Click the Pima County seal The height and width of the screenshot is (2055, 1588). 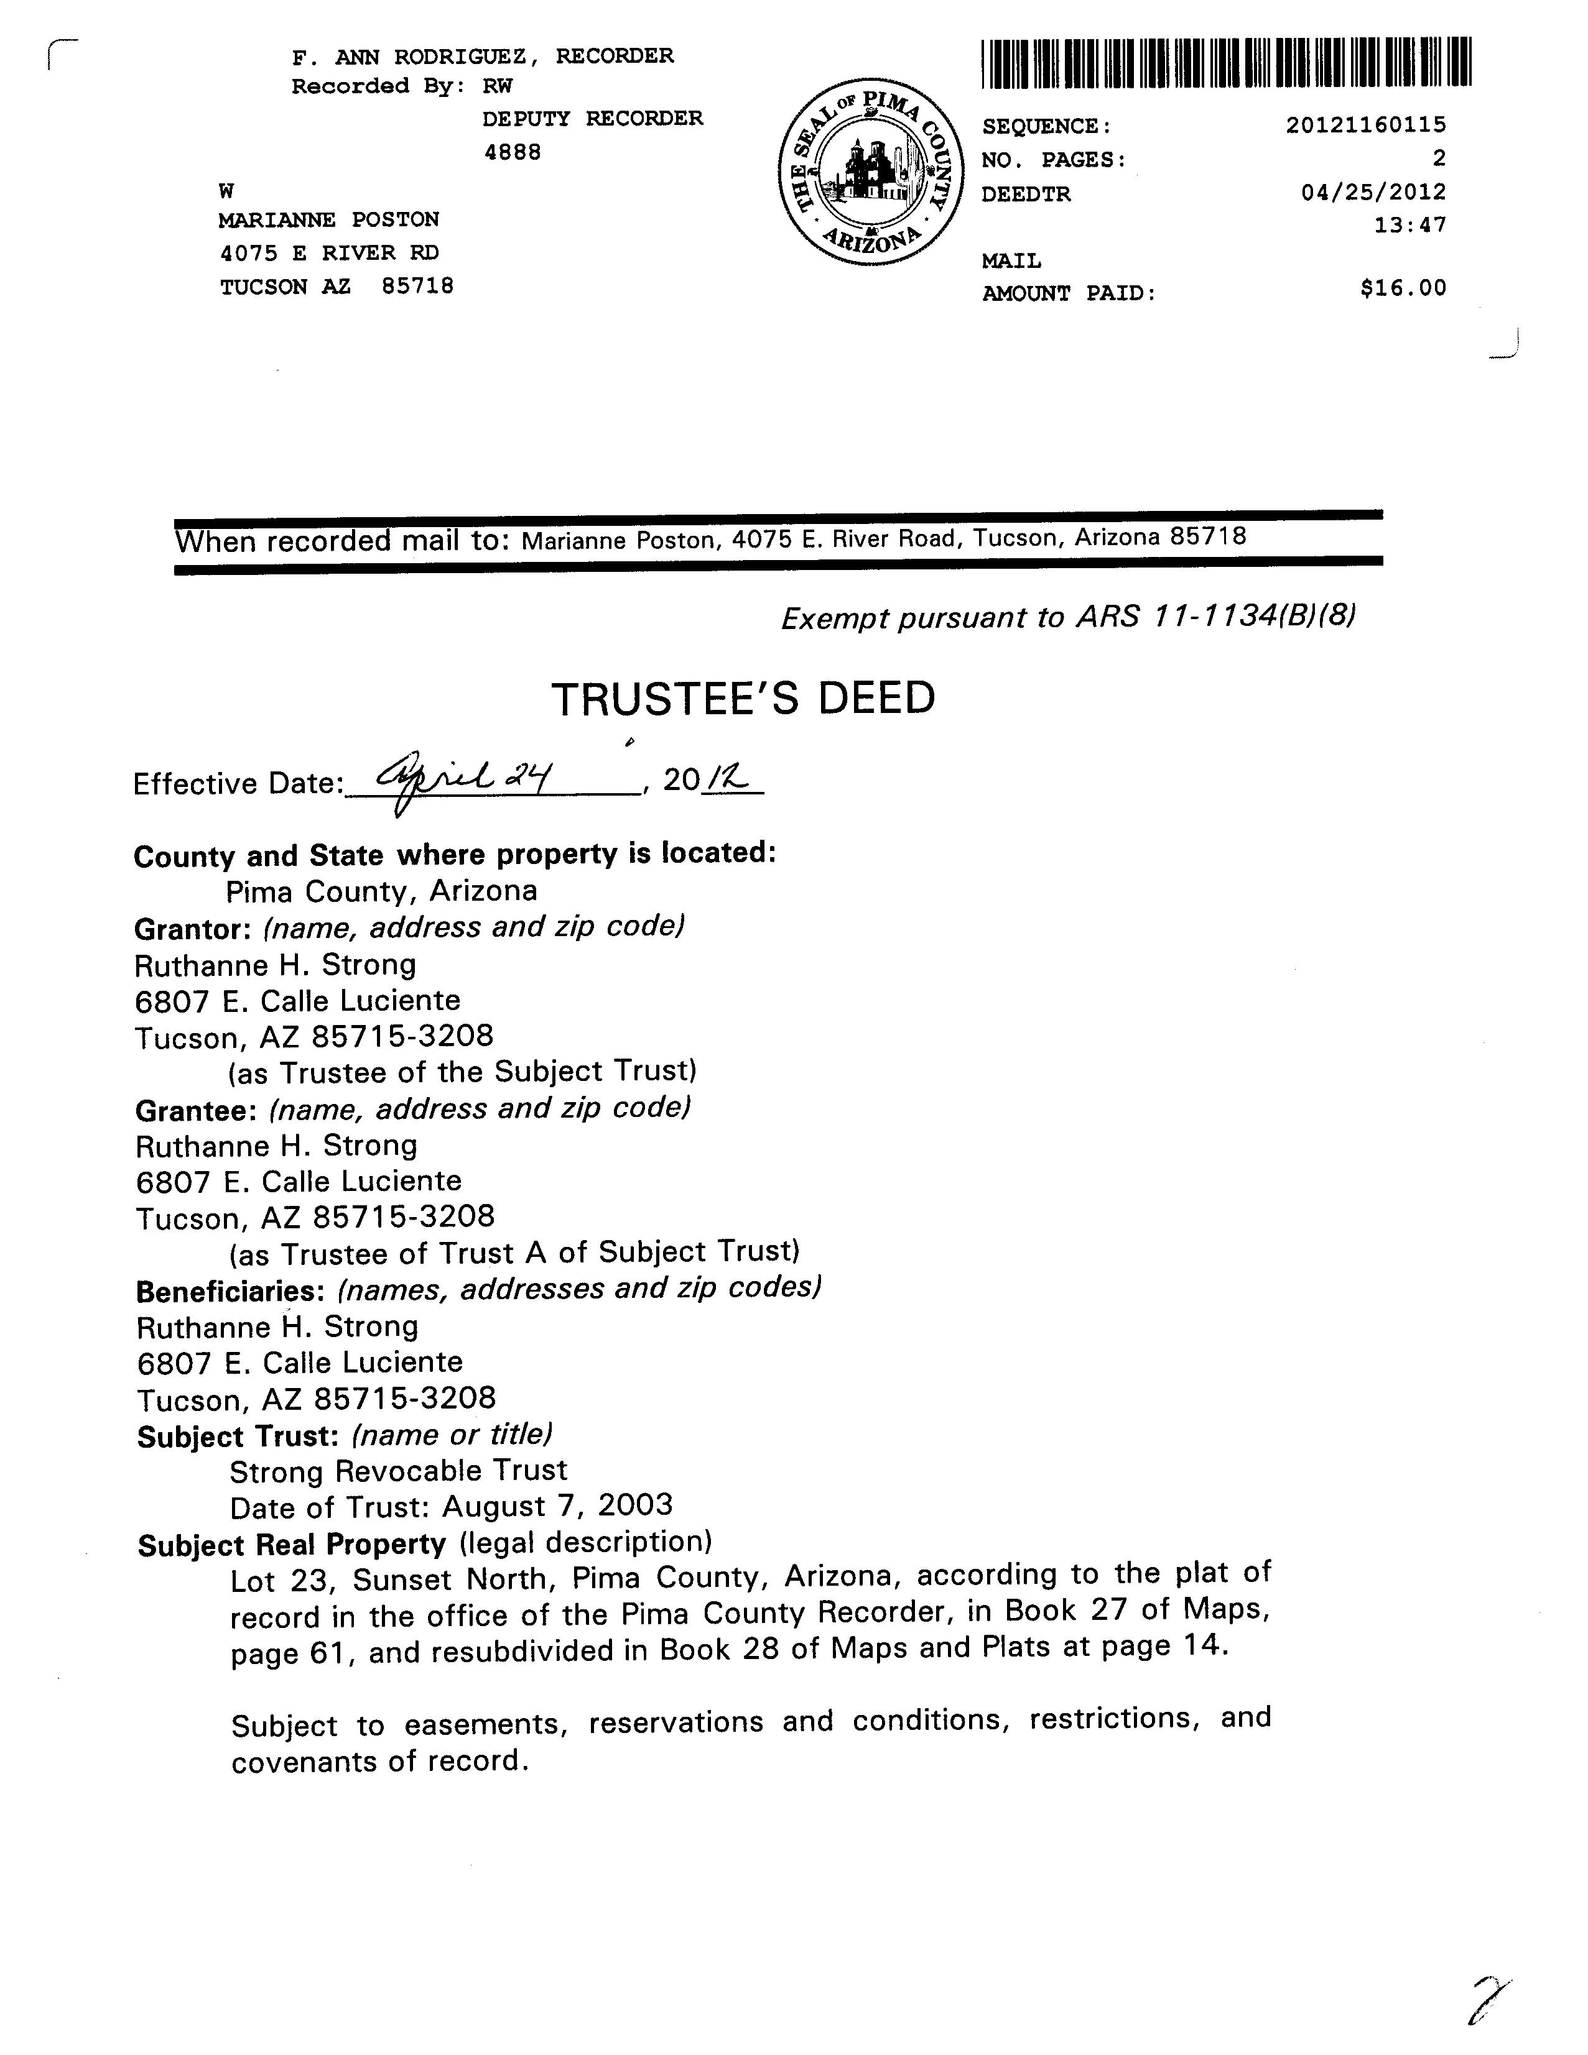(x=871, y=172)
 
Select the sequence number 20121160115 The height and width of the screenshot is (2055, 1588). (x=1366, y=124)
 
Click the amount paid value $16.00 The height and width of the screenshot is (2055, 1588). (x=1403, y=288)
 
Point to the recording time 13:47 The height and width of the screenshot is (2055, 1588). (x=1410, y=226)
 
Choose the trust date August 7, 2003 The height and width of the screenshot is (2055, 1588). (x=557, y=1506)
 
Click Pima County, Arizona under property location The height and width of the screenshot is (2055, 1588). (x=381, y=891)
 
